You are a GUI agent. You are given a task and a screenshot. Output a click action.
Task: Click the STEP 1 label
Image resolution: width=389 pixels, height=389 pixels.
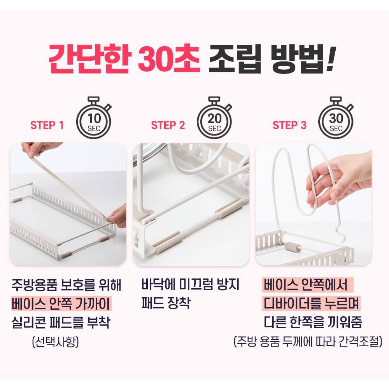pyautogui.click(x=47, y=125)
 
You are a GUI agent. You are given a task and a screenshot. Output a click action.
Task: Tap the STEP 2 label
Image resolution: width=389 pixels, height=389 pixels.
pyautogui.click(x=168, y=125)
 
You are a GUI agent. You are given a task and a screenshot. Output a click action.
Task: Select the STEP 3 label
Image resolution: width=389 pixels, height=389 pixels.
pyautogui.click(x=289, y=125)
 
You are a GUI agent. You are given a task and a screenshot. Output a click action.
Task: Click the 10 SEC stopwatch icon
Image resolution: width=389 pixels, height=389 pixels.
pyautogui.click(x=94, y=117)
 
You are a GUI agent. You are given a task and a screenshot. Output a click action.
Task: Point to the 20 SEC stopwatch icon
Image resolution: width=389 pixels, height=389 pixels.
pyautogui.click(x=214, y=117)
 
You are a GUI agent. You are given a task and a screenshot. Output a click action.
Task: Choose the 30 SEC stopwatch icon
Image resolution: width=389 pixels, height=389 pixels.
pyautogui.click(x=336, y=117)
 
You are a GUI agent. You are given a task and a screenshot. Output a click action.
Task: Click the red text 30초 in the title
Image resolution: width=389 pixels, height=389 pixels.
pyautogui.click(x=169, y=59)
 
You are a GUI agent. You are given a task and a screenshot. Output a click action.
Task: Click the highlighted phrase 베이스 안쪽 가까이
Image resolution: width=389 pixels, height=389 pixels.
pyautogui.click(x=61, y=303)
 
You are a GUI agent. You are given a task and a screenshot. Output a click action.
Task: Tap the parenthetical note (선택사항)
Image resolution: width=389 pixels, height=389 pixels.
pyautogui.click(x=56, y=342)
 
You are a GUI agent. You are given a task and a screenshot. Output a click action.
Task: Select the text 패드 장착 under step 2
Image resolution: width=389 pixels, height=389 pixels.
pyautogui.click(x=165, y=303)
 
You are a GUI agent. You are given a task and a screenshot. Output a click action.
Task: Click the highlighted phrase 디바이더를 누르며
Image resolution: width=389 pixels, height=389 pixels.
pyautogui.click(x=311, y=303)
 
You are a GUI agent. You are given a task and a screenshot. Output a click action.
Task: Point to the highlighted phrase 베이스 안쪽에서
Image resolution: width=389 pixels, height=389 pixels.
pyautogui.click(x=307, y=285)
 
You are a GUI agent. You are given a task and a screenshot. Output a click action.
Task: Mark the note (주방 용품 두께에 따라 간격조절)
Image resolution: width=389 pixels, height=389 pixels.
pyautogui.click(x=308, y=342)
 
